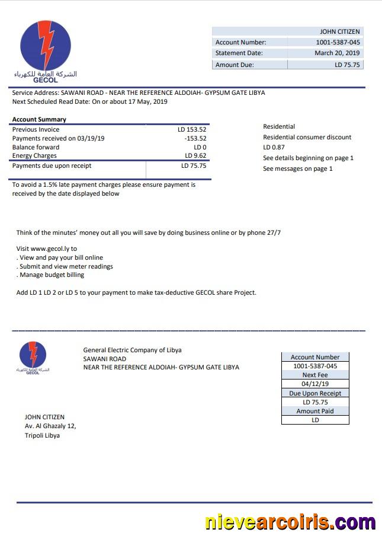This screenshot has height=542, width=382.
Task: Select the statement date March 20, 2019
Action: pyautogui.click(x=337, y=53)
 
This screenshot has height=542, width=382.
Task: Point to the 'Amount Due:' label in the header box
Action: pyautogui.click(x=235, y=65)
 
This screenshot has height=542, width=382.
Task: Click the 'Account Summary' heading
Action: pyautogui.click(x=39, y=120)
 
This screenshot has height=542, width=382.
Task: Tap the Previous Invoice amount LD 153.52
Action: pyautogui.click(x=192, y=129)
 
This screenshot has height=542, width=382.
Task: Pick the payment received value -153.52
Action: pyautogui.click(x=195, y=138)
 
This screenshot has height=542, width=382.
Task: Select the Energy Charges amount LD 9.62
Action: pyautogui.click(x=195, y=156)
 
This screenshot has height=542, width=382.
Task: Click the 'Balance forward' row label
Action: pyautogui.click(x=36, y=147)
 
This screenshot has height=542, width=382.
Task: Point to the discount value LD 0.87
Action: pyautogui.click(x=274, y=147)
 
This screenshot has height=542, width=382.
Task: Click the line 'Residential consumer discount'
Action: pyautogui.click(x=307, y=137)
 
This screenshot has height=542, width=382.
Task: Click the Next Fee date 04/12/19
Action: pyautogui.click(x=315, y=384)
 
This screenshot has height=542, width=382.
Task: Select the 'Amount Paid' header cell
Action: pyautogui.click(x=315, y=411)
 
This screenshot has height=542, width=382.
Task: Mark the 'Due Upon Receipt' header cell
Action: pyautogui.click(x=315, y=393)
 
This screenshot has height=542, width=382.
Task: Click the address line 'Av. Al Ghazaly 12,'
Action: pyautogui.click(x=50, y=426)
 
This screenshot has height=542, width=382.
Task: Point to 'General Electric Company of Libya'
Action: pyautogui.click(x=132, y=350)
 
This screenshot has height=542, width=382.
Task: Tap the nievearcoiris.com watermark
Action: pyautogui.click(x=290, y=522)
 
